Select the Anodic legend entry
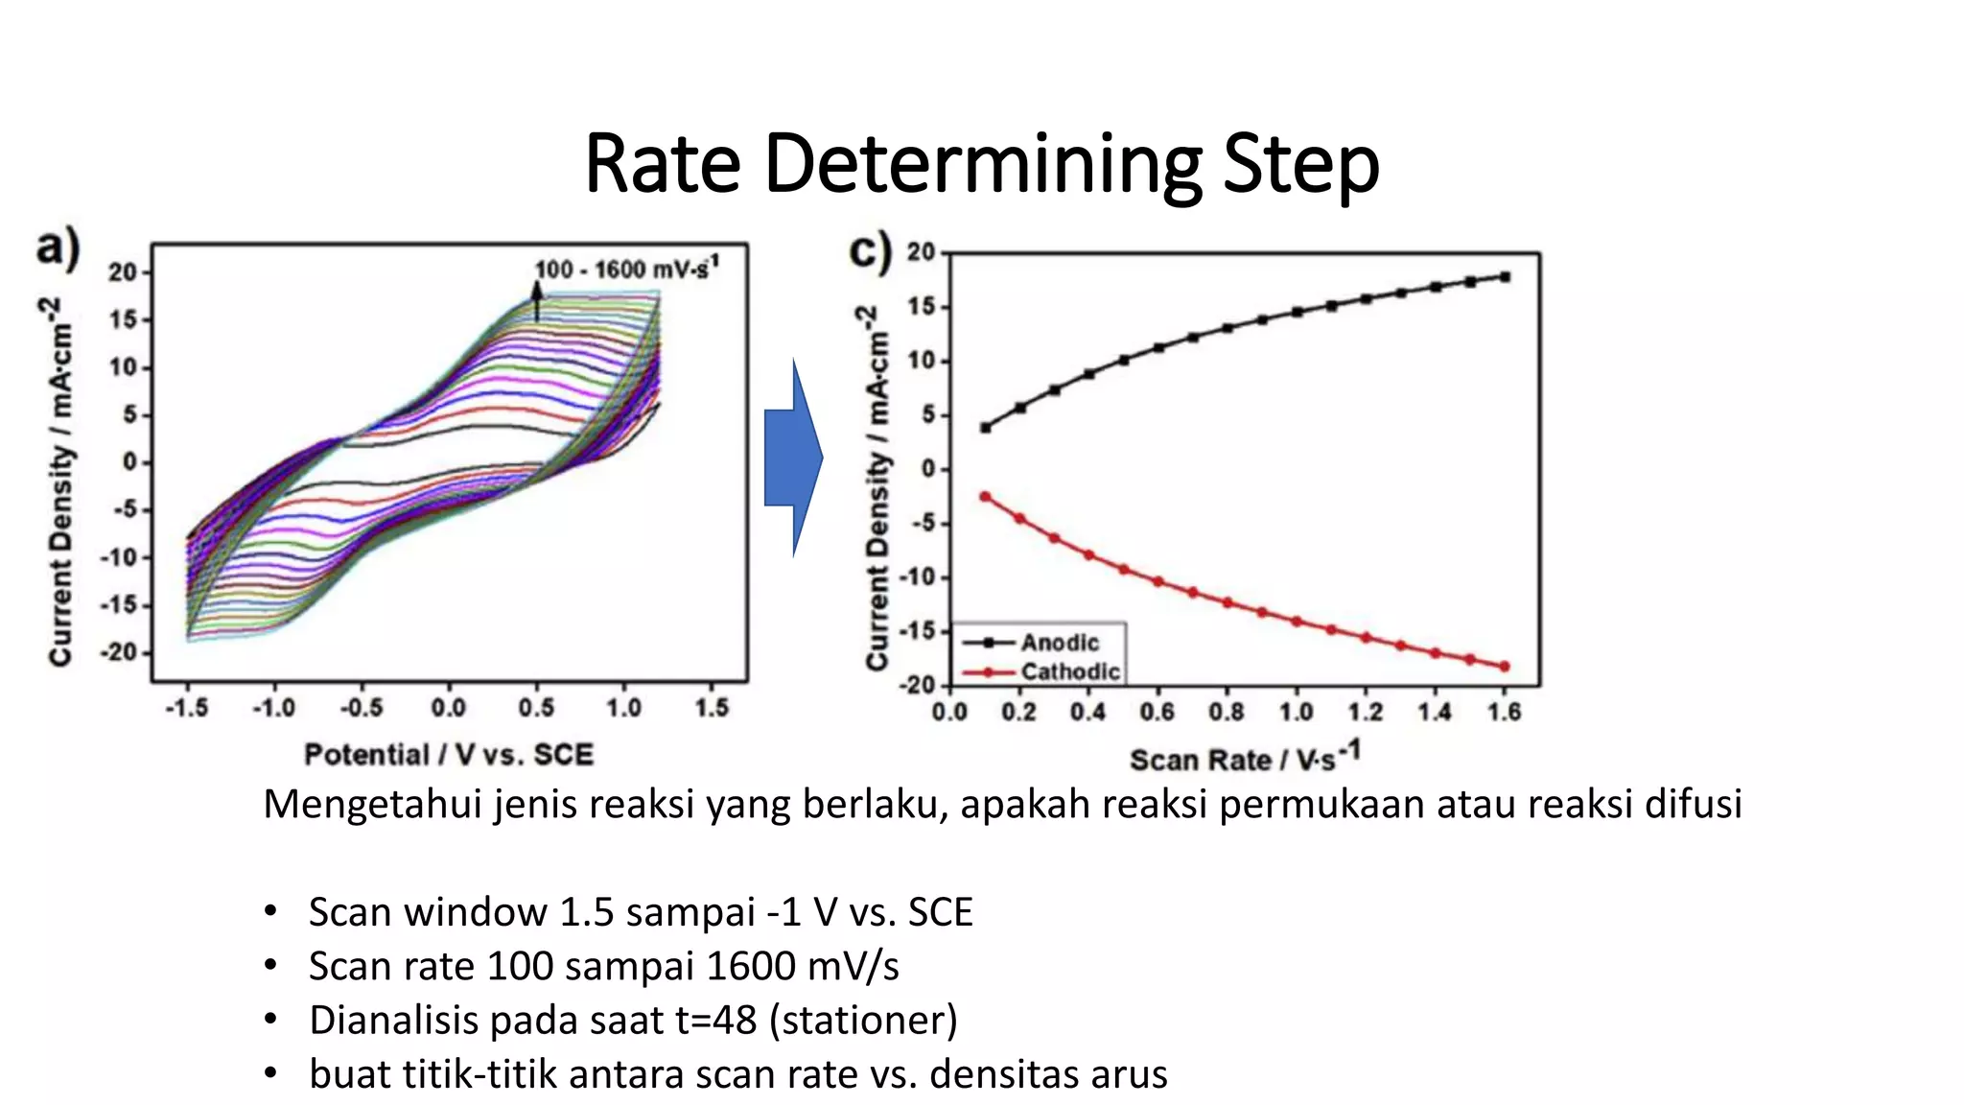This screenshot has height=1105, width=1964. [x=1059, y=643]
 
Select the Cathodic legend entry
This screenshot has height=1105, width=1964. [x=1069, y=671]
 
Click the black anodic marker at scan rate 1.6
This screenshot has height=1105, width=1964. [x=1505, y=277]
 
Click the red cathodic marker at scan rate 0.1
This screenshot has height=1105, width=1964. [x=985, y=497]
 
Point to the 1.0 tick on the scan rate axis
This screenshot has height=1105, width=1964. [x=1296, y=712]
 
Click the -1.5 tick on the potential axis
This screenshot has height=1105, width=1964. [x=186, y=708]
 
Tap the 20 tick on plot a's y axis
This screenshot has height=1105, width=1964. [x=123, y=272]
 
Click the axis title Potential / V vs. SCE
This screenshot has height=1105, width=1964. [x=449, y=755]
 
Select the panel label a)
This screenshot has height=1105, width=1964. [x=58, y=248]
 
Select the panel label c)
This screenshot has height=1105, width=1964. [x=870, y=252]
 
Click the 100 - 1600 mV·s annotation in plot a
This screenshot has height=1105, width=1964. [x=624, y=269]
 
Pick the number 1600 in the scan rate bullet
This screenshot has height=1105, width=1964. [x=749, y=966]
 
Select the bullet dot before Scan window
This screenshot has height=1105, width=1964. [x=271, y=911]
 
